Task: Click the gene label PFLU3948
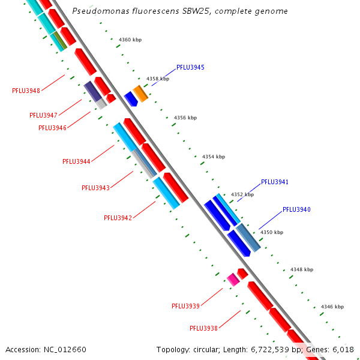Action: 26,91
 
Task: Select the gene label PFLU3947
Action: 43,115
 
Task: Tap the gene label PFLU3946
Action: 52,128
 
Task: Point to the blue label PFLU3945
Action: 190,67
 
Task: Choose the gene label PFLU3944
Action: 76,161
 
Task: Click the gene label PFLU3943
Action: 95,188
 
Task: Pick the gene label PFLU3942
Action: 118,218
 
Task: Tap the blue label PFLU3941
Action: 275,182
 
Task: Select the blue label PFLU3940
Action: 296,209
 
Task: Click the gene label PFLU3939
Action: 185,306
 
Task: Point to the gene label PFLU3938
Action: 203,328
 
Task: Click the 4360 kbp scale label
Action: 130,40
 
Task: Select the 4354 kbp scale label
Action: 213,157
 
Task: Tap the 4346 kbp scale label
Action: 332,307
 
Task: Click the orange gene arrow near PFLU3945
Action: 140,93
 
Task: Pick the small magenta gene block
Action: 233,279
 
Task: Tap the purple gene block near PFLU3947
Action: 92,91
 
